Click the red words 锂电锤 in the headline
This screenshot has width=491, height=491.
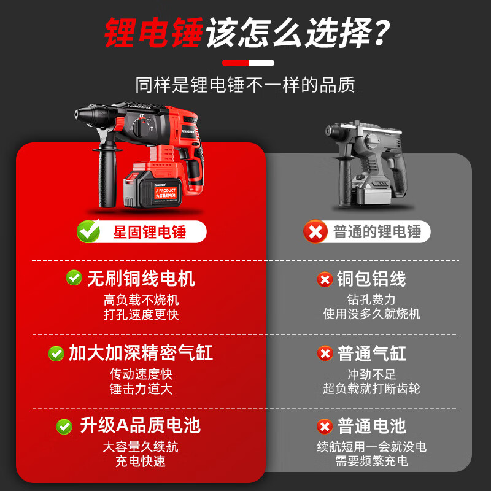(153, 33)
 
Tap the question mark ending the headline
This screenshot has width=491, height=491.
(381, 33)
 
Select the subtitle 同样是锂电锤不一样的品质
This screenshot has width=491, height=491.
(245, 85)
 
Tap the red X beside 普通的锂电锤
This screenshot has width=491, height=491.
(316, 231)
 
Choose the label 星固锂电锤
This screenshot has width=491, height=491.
(149, 232)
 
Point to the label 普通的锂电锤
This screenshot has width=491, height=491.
(377, 232)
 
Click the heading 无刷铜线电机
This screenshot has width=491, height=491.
(141, 279)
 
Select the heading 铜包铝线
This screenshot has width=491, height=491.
(371, 279)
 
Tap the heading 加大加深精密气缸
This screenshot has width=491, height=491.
(141, 353)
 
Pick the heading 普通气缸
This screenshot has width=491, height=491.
(371, 354)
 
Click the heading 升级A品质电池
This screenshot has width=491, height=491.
(141, 425)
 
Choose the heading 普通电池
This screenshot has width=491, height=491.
(371, 426)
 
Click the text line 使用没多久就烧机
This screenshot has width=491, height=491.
(372, 314)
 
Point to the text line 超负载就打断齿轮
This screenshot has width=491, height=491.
(372, 389)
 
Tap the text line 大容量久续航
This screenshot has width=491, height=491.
(141, 447)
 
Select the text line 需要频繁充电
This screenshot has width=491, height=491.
(372, 461)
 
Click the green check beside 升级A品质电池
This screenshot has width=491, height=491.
(64, 426)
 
